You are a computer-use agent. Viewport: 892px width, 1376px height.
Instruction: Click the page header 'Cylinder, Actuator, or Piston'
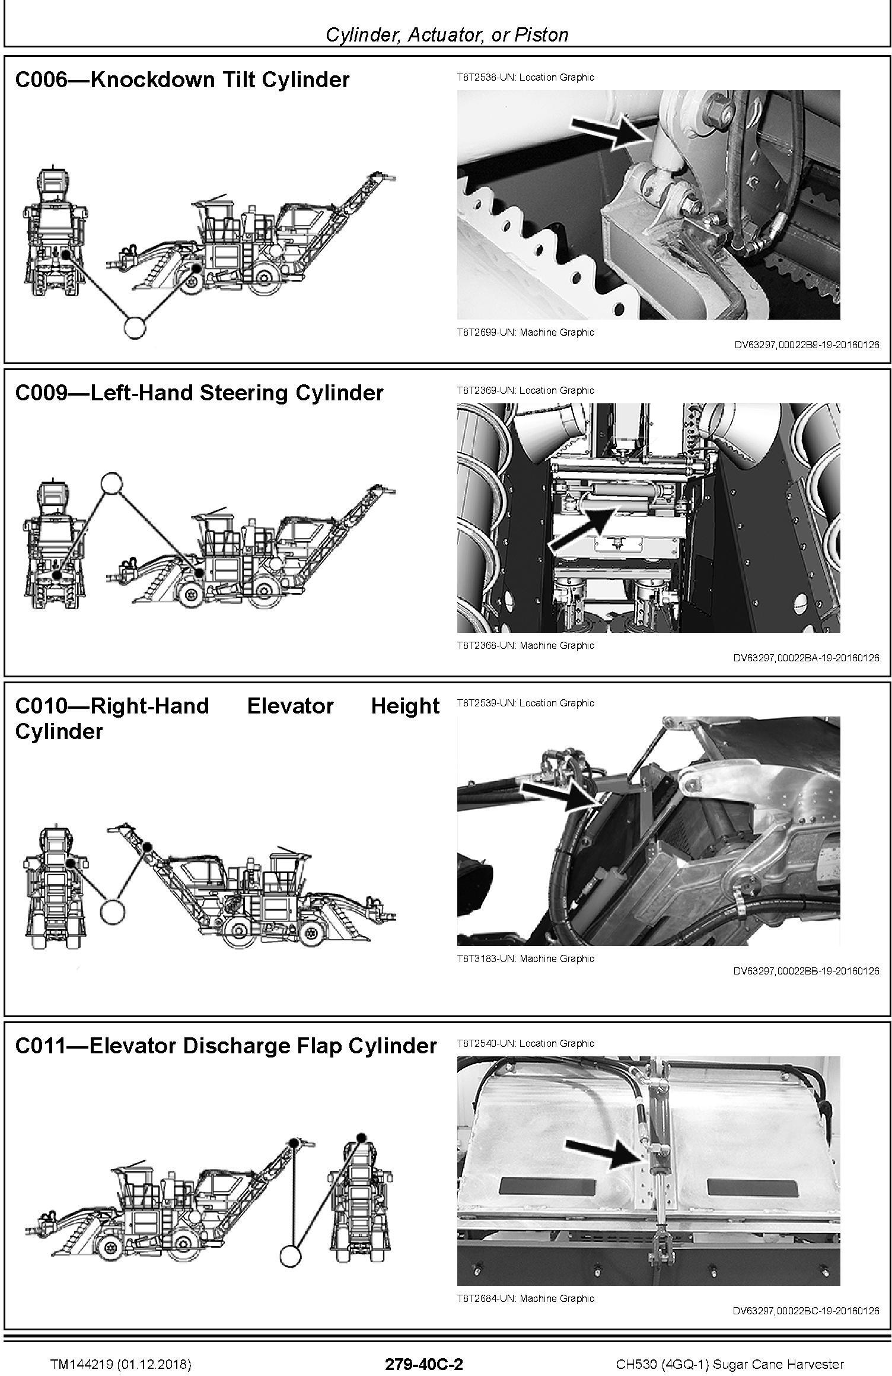click(447, 34)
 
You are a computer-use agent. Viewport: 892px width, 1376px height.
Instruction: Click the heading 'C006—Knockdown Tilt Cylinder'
click(182, 79)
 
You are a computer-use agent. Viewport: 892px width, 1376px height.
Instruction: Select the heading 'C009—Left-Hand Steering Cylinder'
click(199, 393)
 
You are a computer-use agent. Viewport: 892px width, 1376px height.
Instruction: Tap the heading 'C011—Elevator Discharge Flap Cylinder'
click(226, 1046)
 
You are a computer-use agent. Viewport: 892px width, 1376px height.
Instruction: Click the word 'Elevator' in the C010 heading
click(290, 706)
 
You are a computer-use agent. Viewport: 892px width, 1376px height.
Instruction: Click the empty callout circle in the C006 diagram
click(135, 327)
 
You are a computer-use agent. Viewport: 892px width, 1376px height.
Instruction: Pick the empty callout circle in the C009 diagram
click(111, 483)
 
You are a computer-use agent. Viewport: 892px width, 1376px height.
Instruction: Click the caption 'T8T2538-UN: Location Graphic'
click(525, 77)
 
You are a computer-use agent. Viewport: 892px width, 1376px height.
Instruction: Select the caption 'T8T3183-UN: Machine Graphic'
click(525, 958)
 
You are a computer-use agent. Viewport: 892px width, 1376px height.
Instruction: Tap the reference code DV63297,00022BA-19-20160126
click(807, 657)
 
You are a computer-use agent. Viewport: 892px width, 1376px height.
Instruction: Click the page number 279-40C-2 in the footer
click(423, 1359)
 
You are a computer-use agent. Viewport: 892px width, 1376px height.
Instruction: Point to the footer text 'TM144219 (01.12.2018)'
click(120, 1360)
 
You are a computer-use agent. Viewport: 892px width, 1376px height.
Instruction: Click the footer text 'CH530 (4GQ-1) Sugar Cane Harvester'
click(729, 1360)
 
